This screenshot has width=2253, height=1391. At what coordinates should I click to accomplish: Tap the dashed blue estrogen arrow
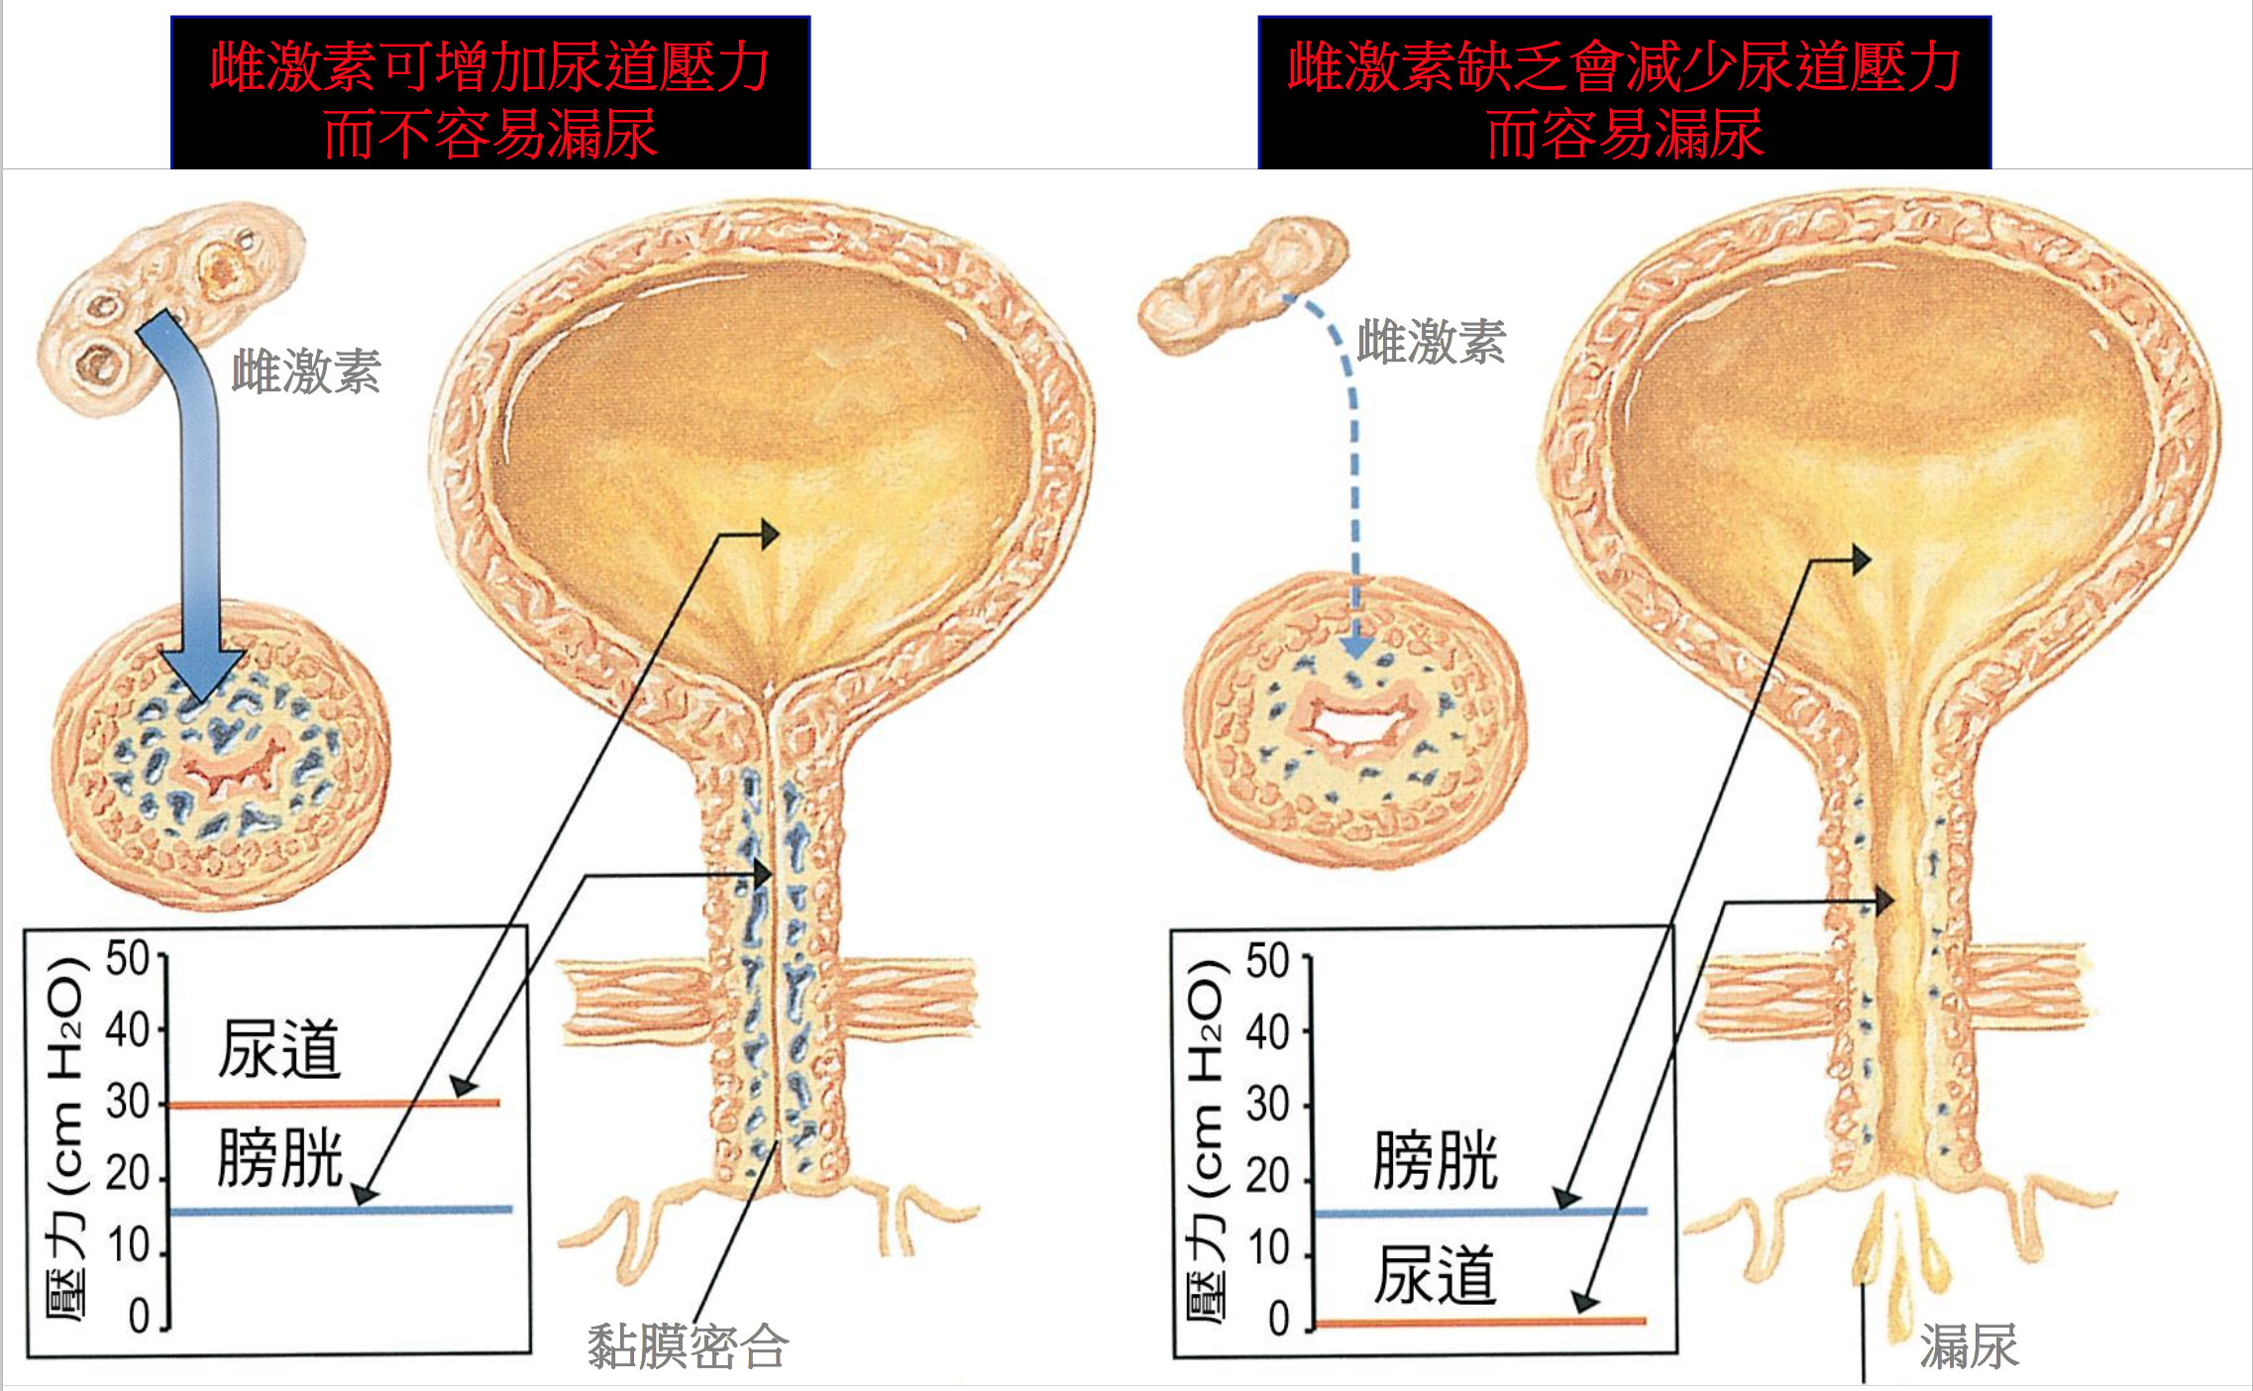[1353, 476]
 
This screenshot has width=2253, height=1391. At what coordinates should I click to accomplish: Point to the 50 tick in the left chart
[129, 959]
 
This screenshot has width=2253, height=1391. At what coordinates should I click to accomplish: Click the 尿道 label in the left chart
[279, 1050]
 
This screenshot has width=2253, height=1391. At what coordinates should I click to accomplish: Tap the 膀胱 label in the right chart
[1435, 1161]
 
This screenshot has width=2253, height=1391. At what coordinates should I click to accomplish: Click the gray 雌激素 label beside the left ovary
[306, 373]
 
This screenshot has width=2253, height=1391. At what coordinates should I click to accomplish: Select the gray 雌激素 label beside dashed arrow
[1431, 343]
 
